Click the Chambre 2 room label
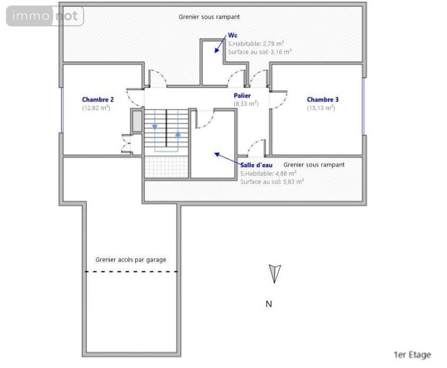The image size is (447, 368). tap(98, 99)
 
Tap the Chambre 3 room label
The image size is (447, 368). tap(323, 99)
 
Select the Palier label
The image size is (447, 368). tap(242, 96)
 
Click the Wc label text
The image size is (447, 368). tap(233, 35)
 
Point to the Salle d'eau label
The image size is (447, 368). tap(256, 165)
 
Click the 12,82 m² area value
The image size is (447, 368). tap(96, 108)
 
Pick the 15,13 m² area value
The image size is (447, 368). tap(321, 108)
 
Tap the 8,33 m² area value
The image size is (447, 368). tap(246, 104)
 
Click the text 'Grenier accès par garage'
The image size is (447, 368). tap(131, 260)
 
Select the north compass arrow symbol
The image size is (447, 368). tap(274, 273)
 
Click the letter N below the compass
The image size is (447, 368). tap(269, 304)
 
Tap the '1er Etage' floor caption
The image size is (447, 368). tap(412, 355)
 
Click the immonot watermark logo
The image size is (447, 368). tap(45, 16)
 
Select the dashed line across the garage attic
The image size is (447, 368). tap(132, 272)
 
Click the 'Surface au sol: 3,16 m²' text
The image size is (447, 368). tap(260, 52)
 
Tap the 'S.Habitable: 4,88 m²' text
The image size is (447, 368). tap(268, 173)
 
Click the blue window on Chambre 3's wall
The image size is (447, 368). tap(364, 106)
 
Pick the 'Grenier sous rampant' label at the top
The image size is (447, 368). tap(209, 17)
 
